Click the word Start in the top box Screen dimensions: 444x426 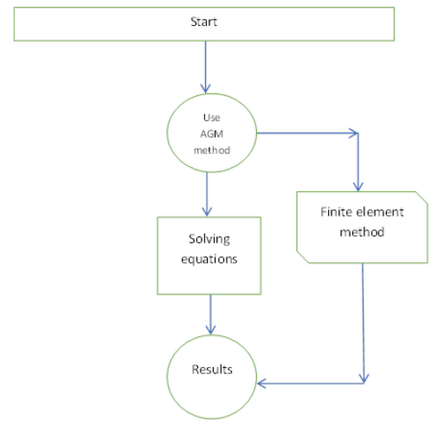click(x=203, y=22)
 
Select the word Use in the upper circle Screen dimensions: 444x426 click(x=212, y=118)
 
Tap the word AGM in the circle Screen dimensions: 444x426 click(x=212, y=134)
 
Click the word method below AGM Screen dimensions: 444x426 click(x=212, y=150)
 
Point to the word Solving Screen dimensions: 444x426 click(x=209, y=239)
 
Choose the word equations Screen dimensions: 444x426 click(x=209, y=259)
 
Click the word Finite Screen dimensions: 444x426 click(x=337, y=212)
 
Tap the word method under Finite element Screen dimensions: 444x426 click(x=362, y=232)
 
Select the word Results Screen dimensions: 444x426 click(x=212, y=370)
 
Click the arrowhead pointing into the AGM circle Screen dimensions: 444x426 click(x=205, y=89)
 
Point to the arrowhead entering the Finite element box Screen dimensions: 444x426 click(x=358, y=187)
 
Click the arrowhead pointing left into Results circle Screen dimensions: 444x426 click(x=261, y=384)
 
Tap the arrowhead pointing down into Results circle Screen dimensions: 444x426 click(x=210, y=330)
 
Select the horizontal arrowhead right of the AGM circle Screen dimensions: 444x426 click(x=354, y=133)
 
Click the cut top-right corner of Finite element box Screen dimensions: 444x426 click(x=421, y=197)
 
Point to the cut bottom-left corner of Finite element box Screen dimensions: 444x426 click(x=303, y=257)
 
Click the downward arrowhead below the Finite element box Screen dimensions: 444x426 click(x=364, y=378)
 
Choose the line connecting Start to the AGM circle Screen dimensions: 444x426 click(x=205, y=68)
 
